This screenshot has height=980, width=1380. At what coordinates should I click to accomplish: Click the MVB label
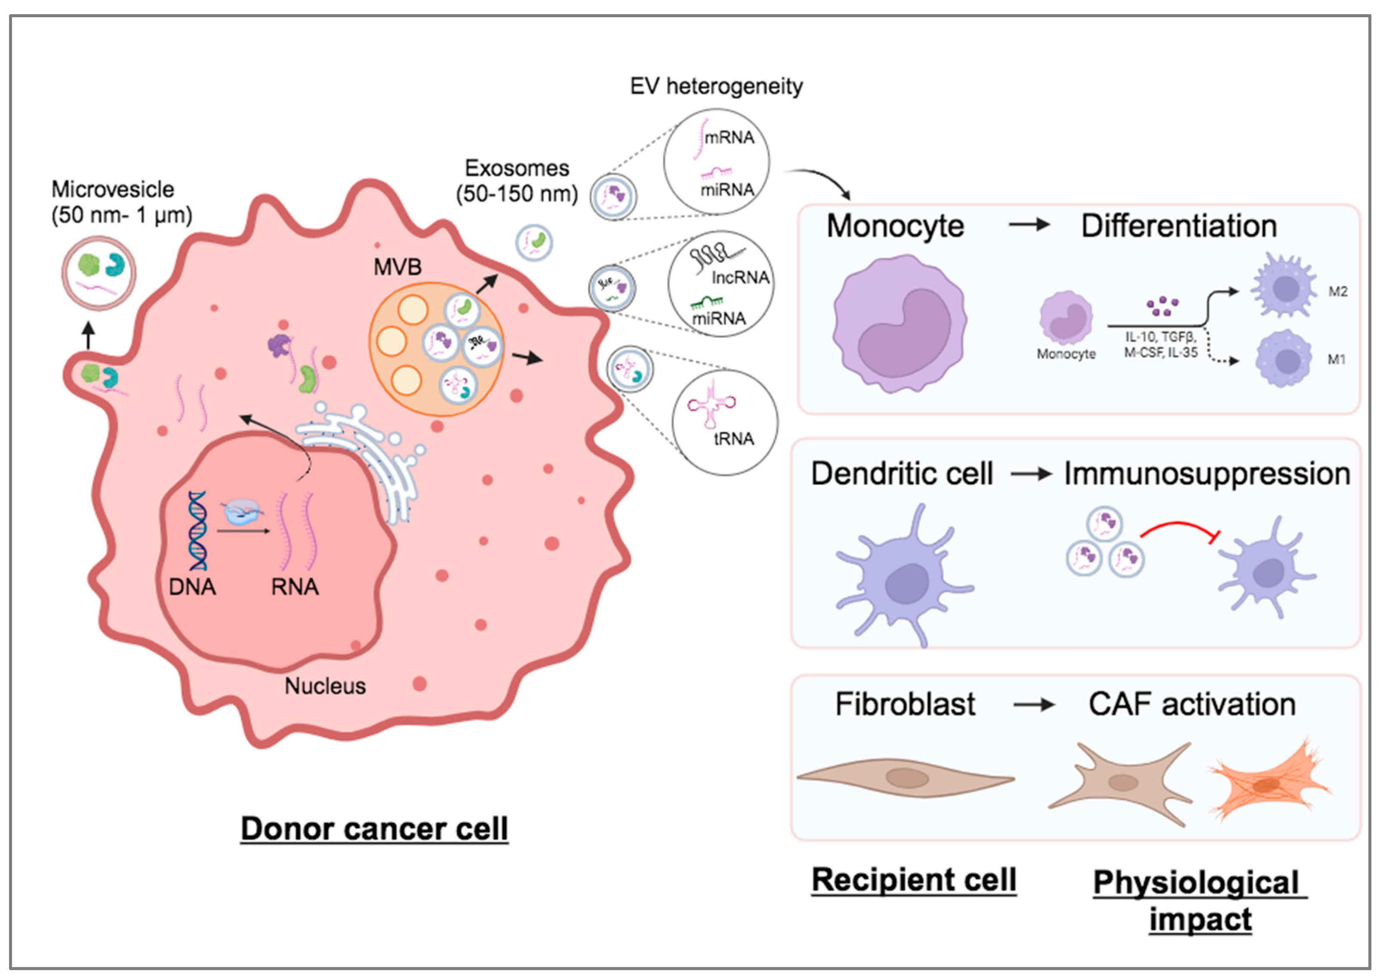pyautogui.click(x=397, y=267)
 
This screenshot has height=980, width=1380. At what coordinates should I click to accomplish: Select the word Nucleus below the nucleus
pyautogui.click(x=325, y=686)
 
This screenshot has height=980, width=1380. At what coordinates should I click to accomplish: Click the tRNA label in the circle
pyautogui.click(x=733, y=439)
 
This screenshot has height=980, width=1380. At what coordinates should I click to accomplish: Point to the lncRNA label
pyautogui.click(x=740, y=278)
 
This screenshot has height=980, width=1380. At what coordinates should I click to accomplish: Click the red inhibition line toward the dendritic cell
pyautogui.click(x=1179, y=529)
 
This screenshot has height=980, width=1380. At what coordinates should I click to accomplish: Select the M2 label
pyautogui.click(x=1338, y=292)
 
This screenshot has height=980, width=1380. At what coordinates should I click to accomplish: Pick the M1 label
pyautogui.click(x=1337, y=360)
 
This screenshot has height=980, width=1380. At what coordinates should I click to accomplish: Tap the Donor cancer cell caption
pyautogui.click(x=374, y=829)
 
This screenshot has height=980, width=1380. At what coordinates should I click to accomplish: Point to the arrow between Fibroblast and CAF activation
pyautogui.click(x=1033, y=705)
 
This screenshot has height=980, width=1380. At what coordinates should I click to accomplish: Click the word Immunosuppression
pyautogui.click(x=1206, y=474)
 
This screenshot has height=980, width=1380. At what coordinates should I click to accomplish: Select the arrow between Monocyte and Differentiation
pyautogui.click(x=1029, y=225)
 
